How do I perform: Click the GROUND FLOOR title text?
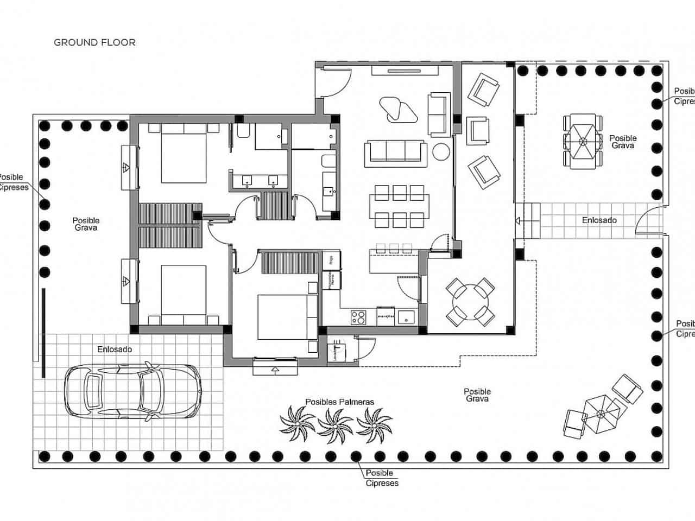[94, 42]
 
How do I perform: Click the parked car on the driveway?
[132, 390]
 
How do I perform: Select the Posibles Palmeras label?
[339, 402]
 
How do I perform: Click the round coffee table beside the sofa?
[441, 151]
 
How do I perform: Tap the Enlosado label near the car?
[115, 350]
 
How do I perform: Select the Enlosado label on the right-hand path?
[599, 220]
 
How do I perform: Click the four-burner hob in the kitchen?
[358, 316]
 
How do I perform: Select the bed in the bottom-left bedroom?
[184, 293]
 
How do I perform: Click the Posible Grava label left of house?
[86, 224]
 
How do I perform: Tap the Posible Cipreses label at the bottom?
[382, 478]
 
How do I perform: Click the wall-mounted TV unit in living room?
[405, 71]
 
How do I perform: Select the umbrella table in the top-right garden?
[583, 142]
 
